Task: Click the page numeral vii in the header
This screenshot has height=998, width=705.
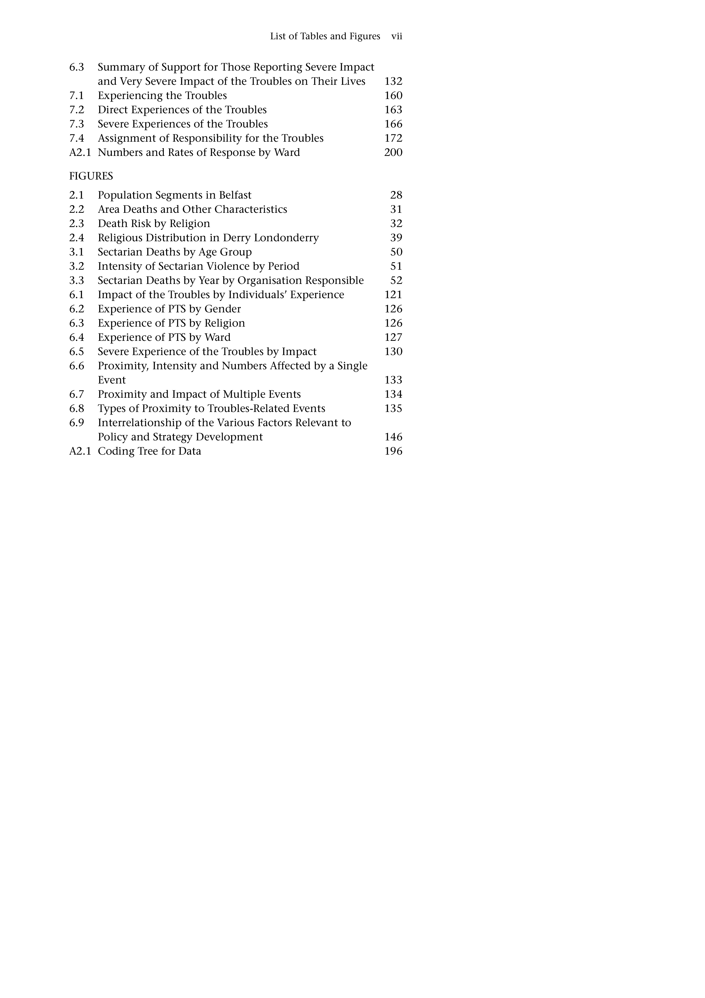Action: [x=397, y=36]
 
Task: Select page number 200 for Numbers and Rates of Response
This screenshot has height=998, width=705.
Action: [x=393, y=152]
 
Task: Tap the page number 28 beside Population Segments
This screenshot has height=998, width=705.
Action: [x=396, y=195]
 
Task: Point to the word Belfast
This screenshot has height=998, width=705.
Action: [x=235, y=195]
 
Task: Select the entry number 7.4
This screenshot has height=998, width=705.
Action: [x=77, y=138]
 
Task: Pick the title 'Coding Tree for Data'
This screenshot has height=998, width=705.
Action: [x=149, y=451]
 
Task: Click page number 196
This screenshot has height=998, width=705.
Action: [x=393, y=451]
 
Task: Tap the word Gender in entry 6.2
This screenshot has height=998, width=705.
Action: [x=222, y=309]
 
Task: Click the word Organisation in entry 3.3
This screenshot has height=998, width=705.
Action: [x=269, y=280]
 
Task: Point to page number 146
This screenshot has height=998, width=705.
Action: [x=393, y=437]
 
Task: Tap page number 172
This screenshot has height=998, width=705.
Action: [x=393, y=138]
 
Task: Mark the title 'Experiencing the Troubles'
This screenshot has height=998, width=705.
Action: [x=162, y=96]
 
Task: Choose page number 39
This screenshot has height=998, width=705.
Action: [x=396, y=238]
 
